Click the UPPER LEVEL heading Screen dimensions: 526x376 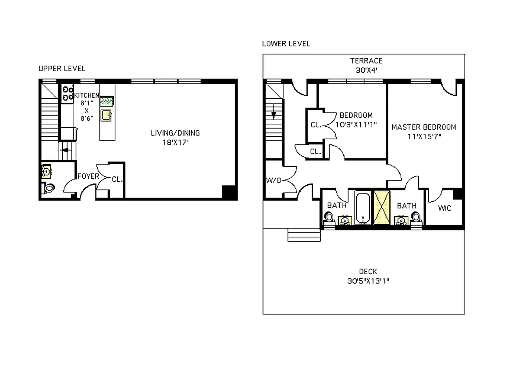(62, 68)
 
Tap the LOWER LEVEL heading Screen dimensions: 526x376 (286, 44)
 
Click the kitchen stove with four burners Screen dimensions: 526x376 (68, 93)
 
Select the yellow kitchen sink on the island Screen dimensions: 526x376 (106, 115)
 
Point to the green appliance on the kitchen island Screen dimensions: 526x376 (107, 101)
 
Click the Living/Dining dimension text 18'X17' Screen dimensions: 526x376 (176, 143)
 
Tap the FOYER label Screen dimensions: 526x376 (89, 176)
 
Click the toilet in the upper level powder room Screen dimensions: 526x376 (48, 188)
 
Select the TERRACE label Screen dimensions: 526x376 (366, 61)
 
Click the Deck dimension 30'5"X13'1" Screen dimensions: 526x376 (368, 281)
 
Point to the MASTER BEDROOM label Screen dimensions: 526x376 (424, 127)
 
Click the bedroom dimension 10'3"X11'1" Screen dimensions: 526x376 (356, 125)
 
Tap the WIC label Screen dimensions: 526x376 (444, 208)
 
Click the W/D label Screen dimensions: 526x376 (274, 180)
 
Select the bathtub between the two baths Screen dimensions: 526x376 (363, 208)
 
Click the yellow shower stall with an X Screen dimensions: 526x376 (382, 207)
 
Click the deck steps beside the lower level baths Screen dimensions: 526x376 (304, 235)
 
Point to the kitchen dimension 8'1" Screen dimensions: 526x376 (87, 103)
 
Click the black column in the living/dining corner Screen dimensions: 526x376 (229, 192)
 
